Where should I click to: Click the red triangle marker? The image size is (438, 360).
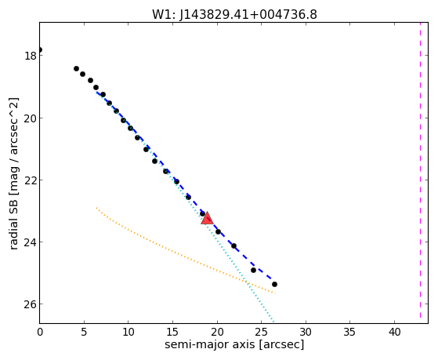207,219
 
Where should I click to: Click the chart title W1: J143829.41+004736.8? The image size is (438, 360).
234,15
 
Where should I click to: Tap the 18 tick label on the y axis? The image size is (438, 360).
31,56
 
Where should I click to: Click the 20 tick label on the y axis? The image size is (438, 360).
30,118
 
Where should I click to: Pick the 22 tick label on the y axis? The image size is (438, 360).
30,180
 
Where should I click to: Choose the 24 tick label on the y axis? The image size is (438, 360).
30,242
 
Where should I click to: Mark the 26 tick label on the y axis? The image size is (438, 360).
30,304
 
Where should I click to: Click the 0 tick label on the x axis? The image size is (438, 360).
40,333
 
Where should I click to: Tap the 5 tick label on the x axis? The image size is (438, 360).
84,333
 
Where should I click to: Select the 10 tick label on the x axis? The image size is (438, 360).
129,333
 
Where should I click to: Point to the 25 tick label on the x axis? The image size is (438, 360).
261,333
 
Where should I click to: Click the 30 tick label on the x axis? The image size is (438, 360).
306,333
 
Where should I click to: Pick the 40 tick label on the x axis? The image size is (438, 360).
394,333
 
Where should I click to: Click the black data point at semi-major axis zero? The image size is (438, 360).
40,49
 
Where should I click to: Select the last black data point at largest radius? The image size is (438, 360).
274,285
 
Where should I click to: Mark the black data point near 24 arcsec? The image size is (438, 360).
253,271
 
